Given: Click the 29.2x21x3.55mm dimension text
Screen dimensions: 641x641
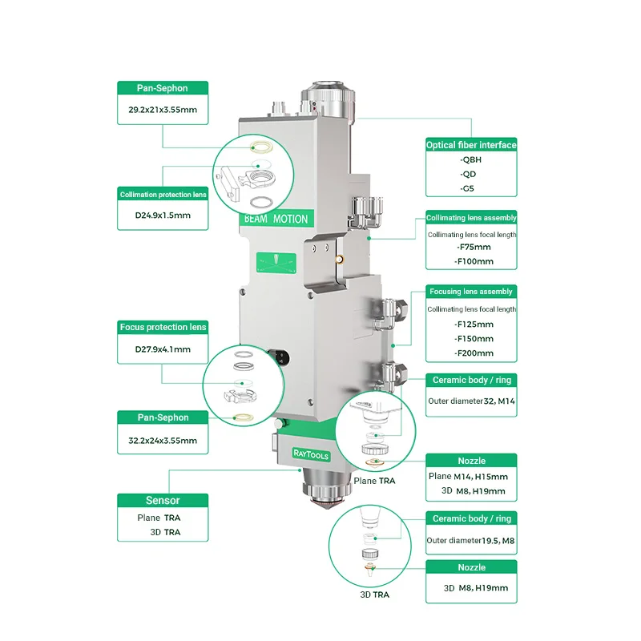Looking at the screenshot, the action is pos(163,110).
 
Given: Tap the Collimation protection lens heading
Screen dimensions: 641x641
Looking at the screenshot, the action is pos(163,195).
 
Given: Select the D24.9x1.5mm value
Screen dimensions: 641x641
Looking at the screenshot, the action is pos(163,215).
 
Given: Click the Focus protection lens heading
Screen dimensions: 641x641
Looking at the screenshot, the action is pos(163,327).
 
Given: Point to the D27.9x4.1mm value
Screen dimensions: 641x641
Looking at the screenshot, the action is pos(163,349).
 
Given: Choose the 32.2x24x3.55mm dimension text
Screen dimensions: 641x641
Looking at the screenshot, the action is pos(163,440).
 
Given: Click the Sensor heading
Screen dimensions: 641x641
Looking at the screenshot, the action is pos(163,500).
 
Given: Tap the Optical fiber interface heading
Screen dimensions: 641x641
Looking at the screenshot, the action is pos(471,145).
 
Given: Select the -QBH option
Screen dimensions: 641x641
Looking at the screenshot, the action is pos(470,159).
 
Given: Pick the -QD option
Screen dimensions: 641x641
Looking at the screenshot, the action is pos(468,174).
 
